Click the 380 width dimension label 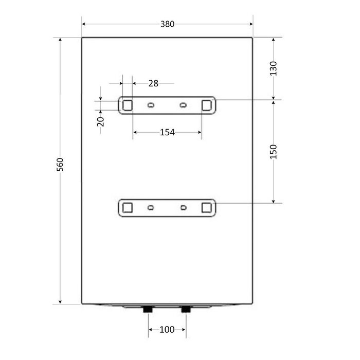tap(167, 24)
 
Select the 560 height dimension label tap(60, 165)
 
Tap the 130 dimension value tap(274, 68)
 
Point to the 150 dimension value tap(274, 152)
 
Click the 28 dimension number tap(153, 83)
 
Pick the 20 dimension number tap(101, 122)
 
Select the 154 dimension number tap(167, 133)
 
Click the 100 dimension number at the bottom tap(167, 330)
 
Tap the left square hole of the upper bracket tap(128, 105)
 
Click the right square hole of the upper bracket tap(207, 105)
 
